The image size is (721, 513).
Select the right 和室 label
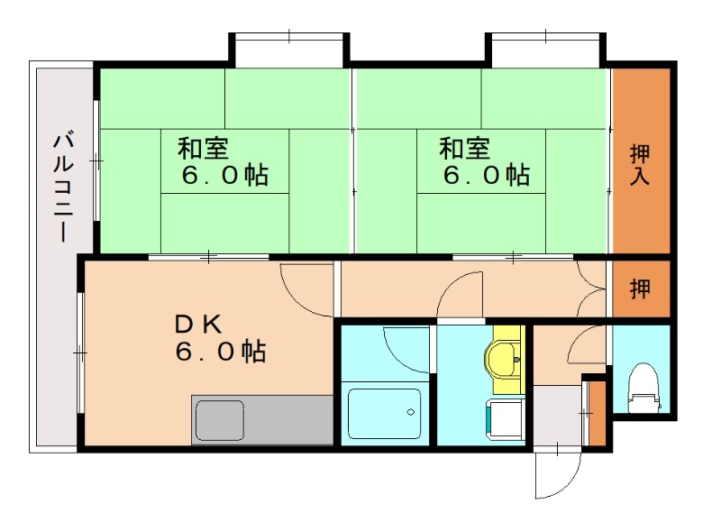point(464,147)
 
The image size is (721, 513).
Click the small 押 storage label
point(640,289)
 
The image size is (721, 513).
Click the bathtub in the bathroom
point(386,414)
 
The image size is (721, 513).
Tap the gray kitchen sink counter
point(261,419)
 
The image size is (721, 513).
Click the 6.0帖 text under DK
point(220,351)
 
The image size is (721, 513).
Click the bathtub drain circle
point(410,413)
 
